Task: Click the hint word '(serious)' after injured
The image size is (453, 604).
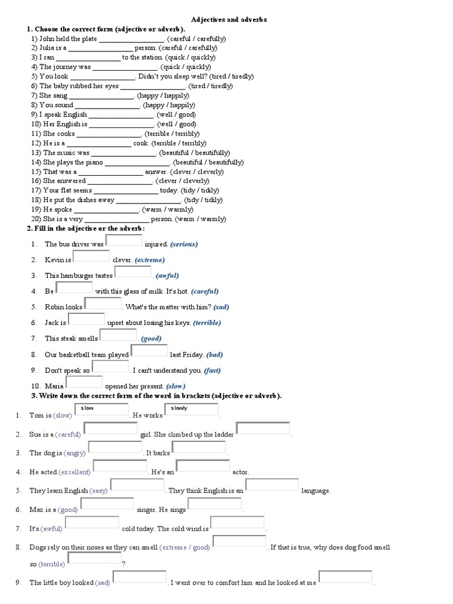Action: pos(184,244)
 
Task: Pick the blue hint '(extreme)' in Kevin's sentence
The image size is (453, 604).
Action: pos(149,260)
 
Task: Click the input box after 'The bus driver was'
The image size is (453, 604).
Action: pos(124,241)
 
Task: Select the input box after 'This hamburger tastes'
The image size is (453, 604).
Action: pos(133,272)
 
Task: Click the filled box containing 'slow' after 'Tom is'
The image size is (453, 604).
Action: pos(102,410)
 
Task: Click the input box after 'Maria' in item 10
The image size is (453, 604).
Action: pos(84,383)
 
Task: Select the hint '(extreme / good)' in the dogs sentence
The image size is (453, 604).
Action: pos(185,547)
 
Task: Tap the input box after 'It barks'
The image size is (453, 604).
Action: pos(199,448)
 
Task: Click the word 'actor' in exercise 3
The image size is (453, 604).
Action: pos(241,472)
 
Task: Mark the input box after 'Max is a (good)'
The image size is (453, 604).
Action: pos(107,504)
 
